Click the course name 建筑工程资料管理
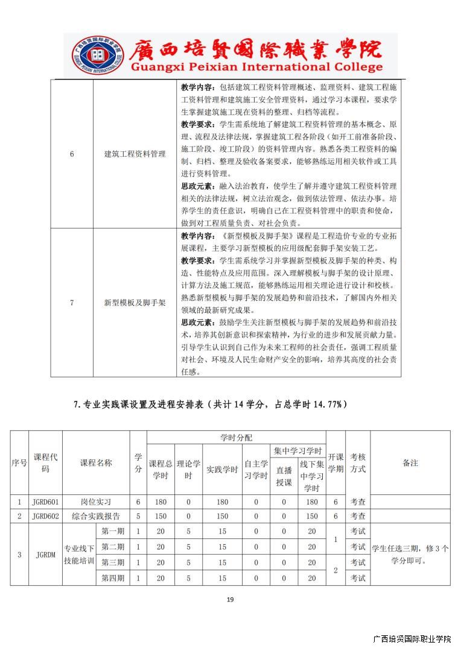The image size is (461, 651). point(135,154)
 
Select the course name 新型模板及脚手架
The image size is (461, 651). point(135,303)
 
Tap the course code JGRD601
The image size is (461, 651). point(45,502)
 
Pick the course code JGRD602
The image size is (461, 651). point(45,517)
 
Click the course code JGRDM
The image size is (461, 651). point(45,555)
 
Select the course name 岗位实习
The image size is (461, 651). point(96,502)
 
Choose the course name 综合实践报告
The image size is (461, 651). point(96,517)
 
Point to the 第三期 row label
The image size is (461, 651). point(113,562)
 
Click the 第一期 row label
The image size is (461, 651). point(113,532)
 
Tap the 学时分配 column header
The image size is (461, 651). point(236,437)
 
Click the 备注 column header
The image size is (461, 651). point(410,463)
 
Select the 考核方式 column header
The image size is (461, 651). point(358,463)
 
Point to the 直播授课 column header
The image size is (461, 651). point(284,476)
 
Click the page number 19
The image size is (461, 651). point(230,599)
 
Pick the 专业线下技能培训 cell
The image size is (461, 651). point(79,555)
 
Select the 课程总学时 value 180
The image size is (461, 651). point(161,502)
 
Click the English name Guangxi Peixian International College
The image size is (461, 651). point(247,68)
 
